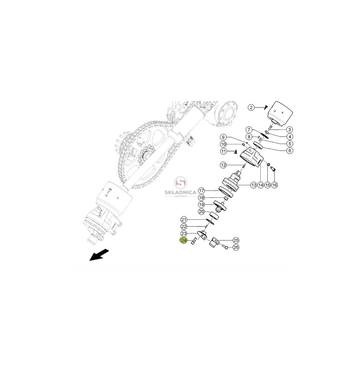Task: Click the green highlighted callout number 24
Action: click(x=184, y=241)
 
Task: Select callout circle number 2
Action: click(x=251, y=108)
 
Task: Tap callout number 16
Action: click(x=274, y=185)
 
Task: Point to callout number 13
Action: click(x=254, y=185)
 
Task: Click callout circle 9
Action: click(x=223, y=137)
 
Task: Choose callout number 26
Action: click(x=236, y=247)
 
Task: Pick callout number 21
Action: click(x=184, y=219)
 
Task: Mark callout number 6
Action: click(x=290, y=150)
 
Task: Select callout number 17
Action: click(x=201, y=191)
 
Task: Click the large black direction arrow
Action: click(x=99, y=255)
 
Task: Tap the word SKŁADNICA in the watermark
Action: click(x=180, y=192)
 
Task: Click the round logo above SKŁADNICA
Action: click(x=181, y=182)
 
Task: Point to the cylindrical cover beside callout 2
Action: click(x=280, y=114)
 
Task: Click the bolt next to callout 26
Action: click(x=225, y=247)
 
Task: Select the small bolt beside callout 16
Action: click(x=273, y=169)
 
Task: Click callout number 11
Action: click(x=224, y=151)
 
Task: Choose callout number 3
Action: click(x=289, y=129)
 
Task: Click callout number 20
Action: click(x=201, y=212)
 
